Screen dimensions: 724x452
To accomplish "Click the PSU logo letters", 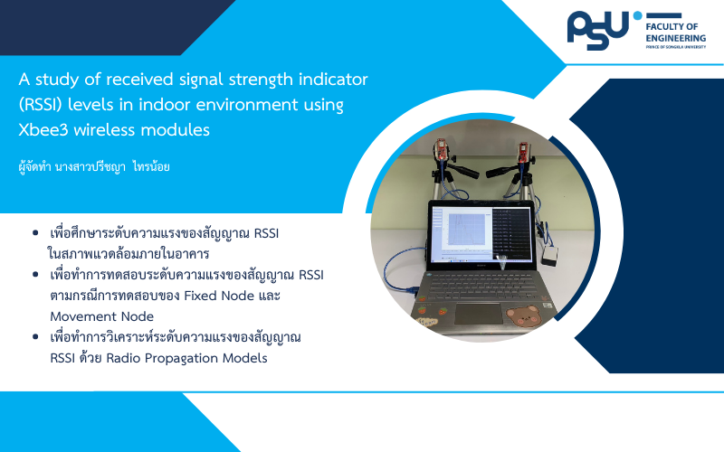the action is (x=598, y=31).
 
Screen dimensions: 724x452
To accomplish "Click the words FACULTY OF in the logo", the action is (x=672, y=27).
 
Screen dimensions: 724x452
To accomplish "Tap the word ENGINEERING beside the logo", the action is (x=675, y=38).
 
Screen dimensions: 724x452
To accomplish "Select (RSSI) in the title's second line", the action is (x=40, y=105).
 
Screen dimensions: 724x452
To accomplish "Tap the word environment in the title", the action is (x=246, y=105).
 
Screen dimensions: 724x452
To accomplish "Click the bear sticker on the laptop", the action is (x=523, y=315).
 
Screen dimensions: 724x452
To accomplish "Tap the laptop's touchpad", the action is (x=478, y=314).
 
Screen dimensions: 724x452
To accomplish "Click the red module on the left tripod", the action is (x=441, y=150).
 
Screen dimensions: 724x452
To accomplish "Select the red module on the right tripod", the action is (x=523, y=151).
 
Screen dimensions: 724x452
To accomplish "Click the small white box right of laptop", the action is (x=549, y=255).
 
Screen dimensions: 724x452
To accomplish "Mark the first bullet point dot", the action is (x=35, y=233).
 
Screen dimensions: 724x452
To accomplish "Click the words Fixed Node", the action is (x=219, y=296).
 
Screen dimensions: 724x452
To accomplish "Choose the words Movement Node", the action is (x=101, y=316).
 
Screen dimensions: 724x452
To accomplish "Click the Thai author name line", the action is (x=94, y=166).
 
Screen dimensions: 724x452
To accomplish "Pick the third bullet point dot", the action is (x=35, y=337).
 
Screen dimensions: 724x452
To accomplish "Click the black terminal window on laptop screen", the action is (x=511, y=233).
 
